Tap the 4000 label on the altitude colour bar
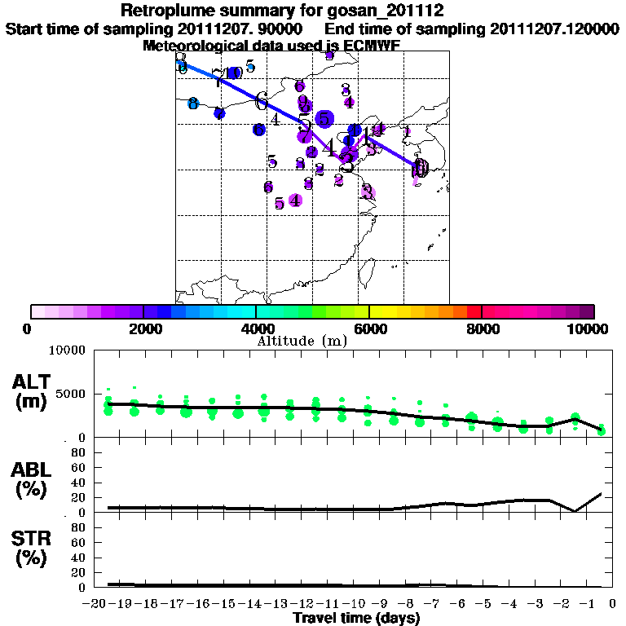click(x=257, y=328)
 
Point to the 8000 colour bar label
click(x=483, y=328)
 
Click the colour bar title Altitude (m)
click(x=302, y=341)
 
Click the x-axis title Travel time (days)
click(x=356, y=619)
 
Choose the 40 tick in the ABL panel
click(x=80, y=483)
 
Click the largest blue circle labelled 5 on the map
click(x=324, y=119)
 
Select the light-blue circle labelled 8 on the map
click(x=193, y=104)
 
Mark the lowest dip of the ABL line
click(x=575, y=511)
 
